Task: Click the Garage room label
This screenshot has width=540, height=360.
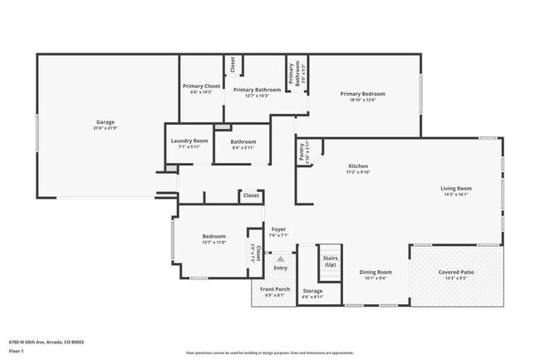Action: pyautogui.click(x=105, y=122)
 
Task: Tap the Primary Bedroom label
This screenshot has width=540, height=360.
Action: pyautogui.click(x=362, y=94)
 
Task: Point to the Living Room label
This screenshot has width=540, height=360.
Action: pyautogui.click(x=455, y=188)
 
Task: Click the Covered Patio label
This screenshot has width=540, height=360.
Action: pyautogui.click(x=455, y=271)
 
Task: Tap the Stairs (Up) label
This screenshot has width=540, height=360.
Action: pyautogui.click(x=330, y=261)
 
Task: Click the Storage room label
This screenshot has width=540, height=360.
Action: pyautogui.click(x=312, y=291)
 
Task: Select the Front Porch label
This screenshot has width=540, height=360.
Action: pyautogui.click(x=275, y=288)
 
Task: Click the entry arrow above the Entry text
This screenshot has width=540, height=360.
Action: pyautogui.click(x=280, y=259)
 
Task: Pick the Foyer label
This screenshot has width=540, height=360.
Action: pyautogui.click(x=278, y=229)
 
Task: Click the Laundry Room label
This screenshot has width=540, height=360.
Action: pyautogui.click(x=189, y=141)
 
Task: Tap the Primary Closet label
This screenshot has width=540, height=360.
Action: pyautogui.click(x=201, y=86)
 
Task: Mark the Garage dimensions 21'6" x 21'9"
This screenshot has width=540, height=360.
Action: pyautogui.click(x=105, y=128)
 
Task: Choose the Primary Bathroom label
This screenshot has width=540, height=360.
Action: pyautogui.click(x=257, y=90)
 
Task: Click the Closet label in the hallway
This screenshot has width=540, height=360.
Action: pyautogui.click(x=250, y=195)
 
